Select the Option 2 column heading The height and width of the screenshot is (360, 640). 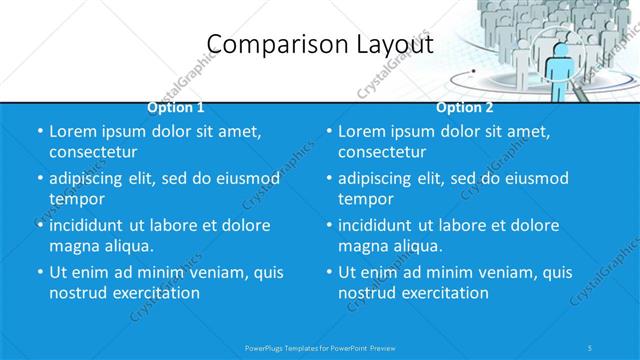(x=464, y=107)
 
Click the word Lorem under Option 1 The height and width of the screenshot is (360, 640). (x=74, y=132)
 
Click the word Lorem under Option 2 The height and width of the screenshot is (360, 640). (x=363, y=132)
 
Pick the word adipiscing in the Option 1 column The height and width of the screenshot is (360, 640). (x=93, y=179)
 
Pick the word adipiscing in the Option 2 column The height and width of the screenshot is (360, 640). (x=382, y=179)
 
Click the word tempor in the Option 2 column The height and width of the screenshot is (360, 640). (x=366, y=199)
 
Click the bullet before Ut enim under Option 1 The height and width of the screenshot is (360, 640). (x=39, y=272)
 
